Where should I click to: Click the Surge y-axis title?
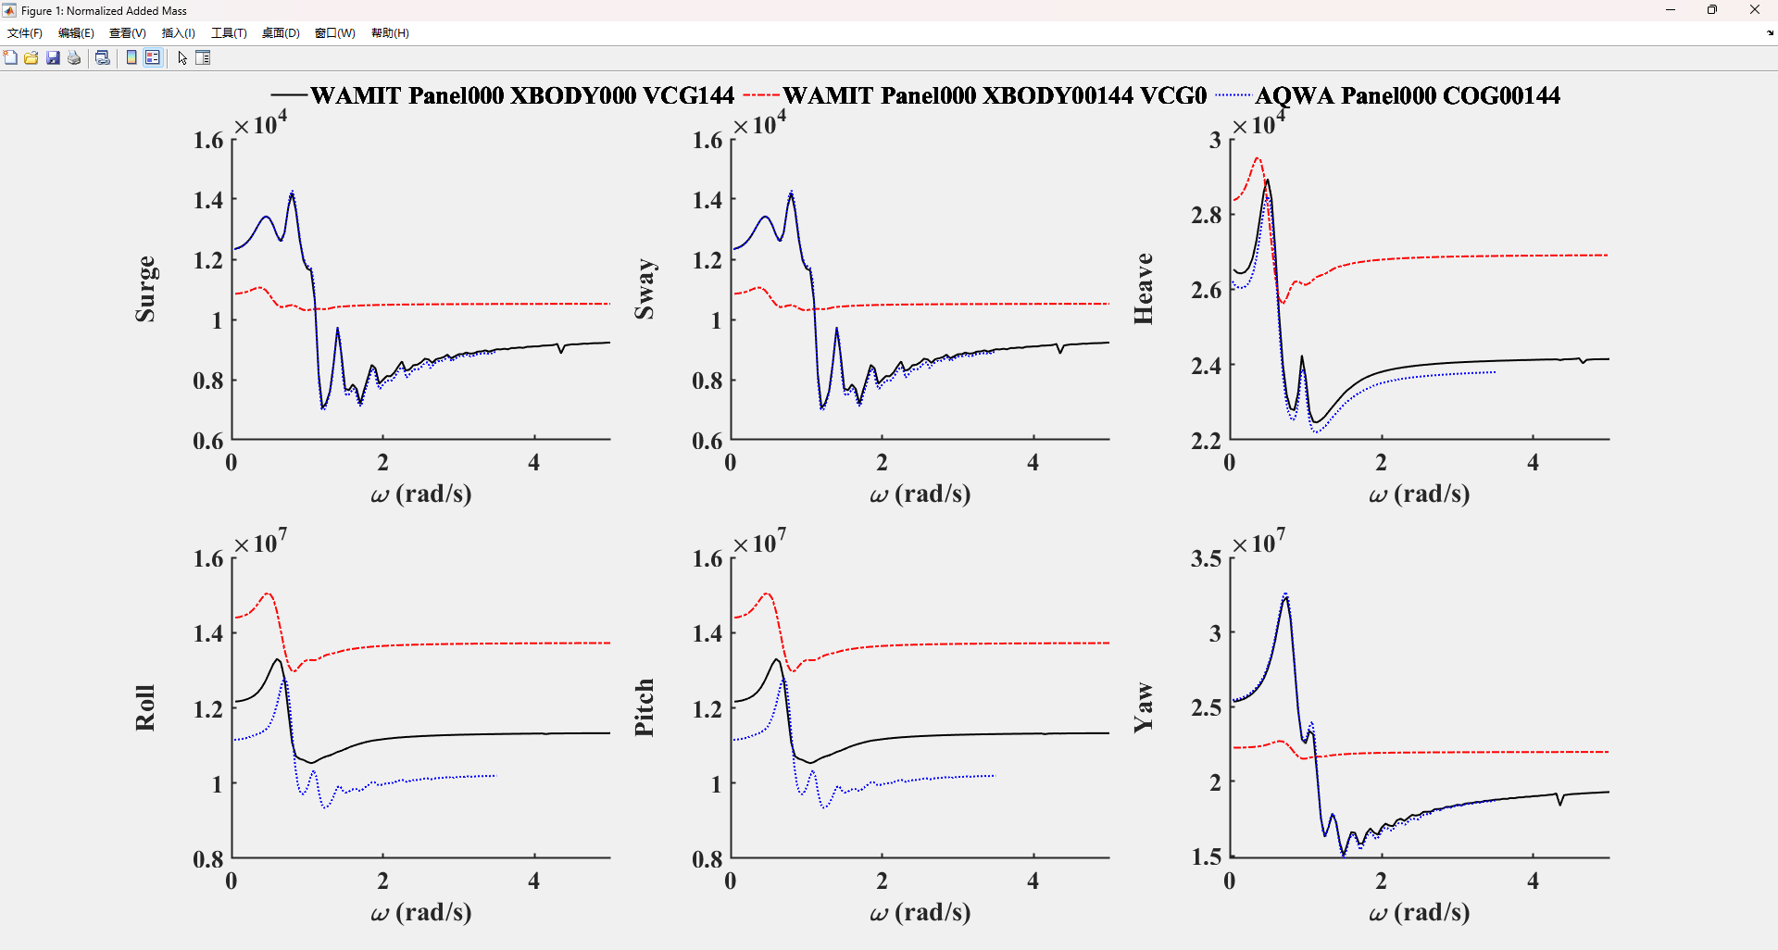[145, 289]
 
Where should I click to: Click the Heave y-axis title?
[1144, 289]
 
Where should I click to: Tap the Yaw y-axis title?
[1144, 707]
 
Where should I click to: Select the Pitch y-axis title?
[645, 707]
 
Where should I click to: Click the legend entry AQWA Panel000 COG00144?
[1407, 95]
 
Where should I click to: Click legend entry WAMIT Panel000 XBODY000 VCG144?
[521, 95]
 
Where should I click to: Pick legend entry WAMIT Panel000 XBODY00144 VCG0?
[994, 95]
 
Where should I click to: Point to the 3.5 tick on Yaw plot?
[1206, 558]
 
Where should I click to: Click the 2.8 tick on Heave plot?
[1206, 215]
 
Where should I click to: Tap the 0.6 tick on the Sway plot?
[707, 441]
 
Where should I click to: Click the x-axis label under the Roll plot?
[421, 912]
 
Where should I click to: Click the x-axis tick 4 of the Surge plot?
[534, 462]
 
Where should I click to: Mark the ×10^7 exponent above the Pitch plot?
[760, 542]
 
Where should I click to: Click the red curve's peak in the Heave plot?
[1258, 158]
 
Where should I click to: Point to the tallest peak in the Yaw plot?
[1285, 595]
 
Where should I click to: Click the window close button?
[1754, 10]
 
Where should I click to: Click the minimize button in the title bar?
[1671, 10]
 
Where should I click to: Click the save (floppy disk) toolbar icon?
[53, 57]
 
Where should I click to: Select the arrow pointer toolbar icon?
[182, 57]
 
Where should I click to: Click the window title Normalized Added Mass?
[104, 11]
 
